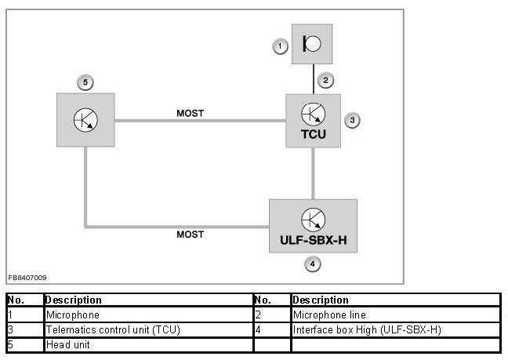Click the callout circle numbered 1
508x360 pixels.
[280, 47]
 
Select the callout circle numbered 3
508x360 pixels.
[353, 120]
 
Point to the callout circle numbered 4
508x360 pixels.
[313, 264]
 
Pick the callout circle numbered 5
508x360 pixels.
[85, 82]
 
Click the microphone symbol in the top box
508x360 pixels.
[311, 44]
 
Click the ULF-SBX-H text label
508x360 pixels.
[313, 238]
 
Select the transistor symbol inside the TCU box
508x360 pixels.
[314, 113]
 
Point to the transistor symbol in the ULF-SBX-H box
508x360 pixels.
[314, 218]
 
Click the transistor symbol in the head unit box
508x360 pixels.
[85, 120]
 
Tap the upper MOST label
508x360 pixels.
[190, 113]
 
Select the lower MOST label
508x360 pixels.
[190, 235]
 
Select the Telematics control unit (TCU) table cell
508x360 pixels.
[113, 329]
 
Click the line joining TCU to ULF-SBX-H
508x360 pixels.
[314, 173]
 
